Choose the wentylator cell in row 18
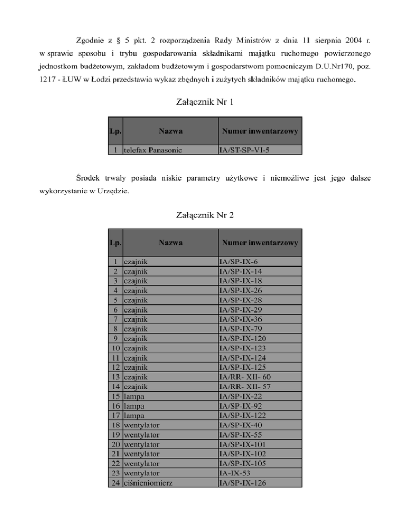click(x=141, y=425)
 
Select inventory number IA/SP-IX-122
click(x=245, y=415)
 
